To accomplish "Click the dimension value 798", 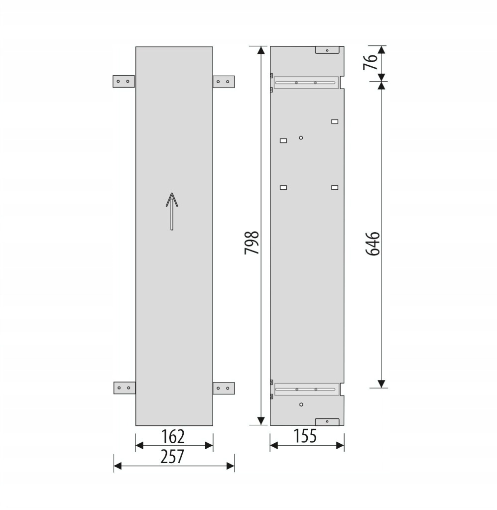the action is [252, 243].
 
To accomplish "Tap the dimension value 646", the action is [373, 244].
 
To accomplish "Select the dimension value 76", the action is [371, 62].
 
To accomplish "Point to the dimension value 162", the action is [173, 436].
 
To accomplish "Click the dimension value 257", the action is [172, 456].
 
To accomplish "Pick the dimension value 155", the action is [305, 436].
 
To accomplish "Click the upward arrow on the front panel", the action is [172, 211].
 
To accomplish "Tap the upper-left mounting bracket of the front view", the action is [124, 81].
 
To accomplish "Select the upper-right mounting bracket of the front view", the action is [224, 82].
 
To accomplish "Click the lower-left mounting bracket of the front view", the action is [124, 387].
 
